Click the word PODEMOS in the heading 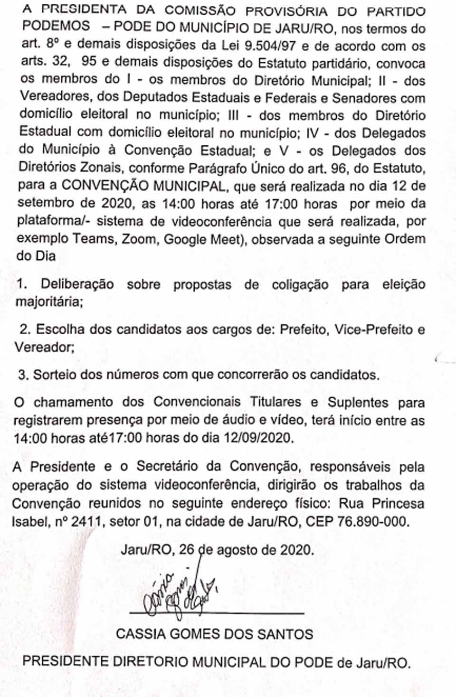pos(56,27)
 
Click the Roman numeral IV pos(313,133)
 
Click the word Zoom pos(139,239)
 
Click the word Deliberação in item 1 pos(77,284)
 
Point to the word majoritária pos(49,302)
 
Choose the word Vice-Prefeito pos(374,330)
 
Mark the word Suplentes pos(358,402)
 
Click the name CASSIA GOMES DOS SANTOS pos(215,634)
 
